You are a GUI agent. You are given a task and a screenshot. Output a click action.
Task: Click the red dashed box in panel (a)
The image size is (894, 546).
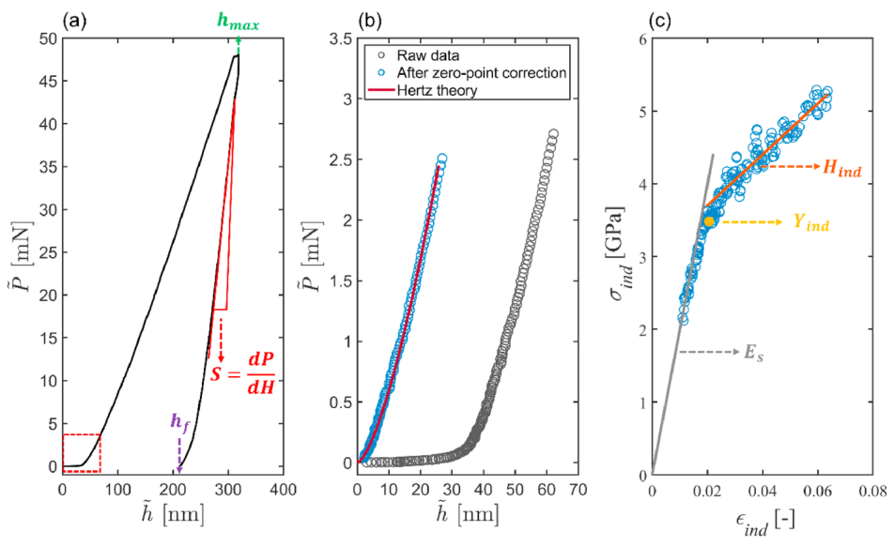pos(81,452)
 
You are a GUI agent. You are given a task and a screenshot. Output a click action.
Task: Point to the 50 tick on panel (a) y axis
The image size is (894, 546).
pos(46,38)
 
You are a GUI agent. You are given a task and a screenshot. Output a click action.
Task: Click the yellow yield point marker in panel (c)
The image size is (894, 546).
pos(710,221)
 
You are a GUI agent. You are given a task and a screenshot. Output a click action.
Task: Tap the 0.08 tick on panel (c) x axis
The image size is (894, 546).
pos(871,489)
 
